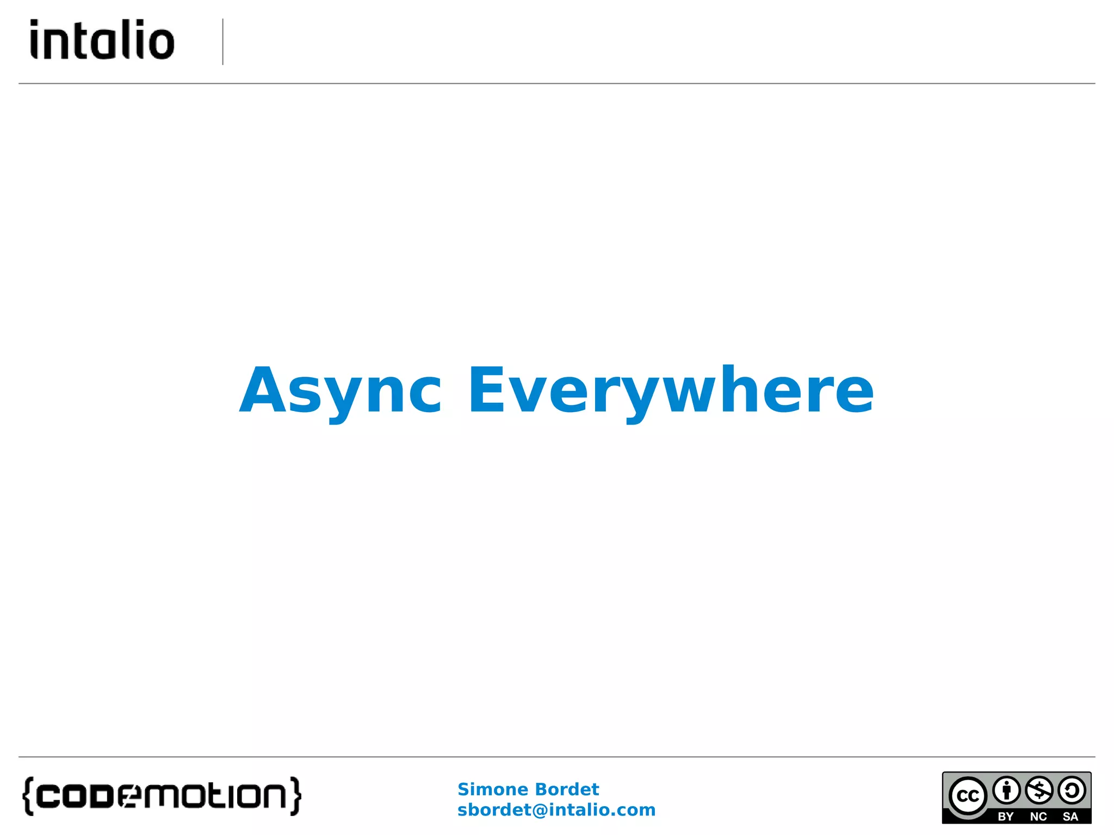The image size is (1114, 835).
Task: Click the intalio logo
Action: click(102, 40)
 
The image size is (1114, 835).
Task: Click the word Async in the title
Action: click(341, 390)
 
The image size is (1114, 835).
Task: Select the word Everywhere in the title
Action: click(671, 390)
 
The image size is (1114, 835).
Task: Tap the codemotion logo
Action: click(162, 796)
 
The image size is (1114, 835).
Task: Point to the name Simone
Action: click(493, 789)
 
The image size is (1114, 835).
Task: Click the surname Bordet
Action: click(566, 789)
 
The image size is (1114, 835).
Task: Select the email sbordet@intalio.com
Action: click(556, 810)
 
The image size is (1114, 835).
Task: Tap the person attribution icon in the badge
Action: click(1006, 790)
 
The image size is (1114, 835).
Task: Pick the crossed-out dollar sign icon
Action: click(1039, 790)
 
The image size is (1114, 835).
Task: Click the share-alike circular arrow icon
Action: click(1072, 790)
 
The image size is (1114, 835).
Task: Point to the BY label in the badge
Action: click(1005, 817)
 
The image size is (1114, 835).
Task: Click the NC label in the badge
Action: click(1038, 817)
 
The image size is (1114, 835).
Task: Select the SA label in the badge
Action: click(1070, 817)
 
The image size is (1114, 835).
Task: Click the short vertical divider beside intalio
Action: click(223, 42)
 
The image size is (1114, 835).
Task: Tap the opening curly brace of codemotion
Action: click(28, 796)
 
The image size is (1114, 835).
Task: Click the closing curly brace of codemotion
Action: click(295, 796)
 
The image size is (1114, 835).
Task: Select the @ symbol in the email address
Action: click(539, 811)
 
